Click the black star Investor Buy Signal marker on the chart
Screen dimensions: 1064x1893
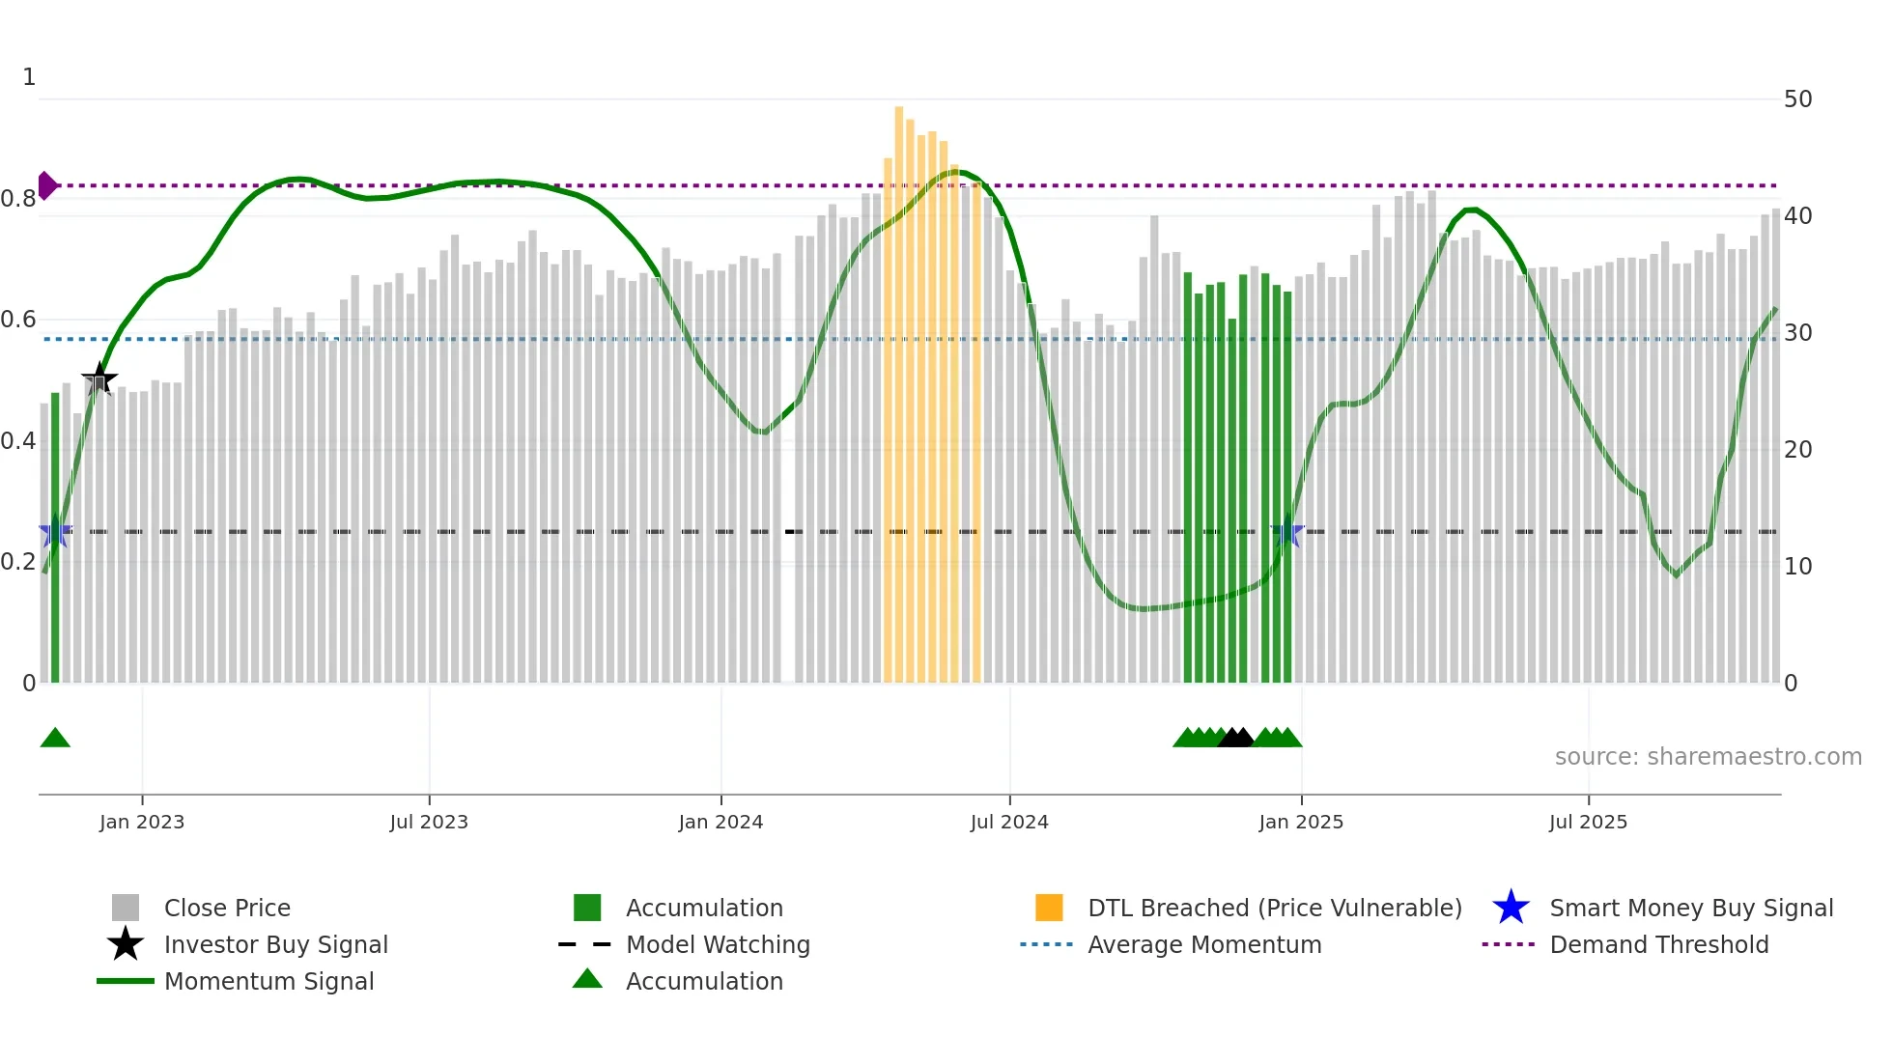99,379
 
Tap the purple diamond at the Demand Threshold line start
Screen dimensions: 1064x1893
46,185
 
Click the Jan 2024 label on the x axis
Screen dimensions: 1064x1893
720,822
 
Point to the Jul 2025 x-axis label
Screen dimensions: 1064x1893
1588,822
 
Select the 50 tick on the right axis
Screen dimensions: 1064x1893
1797,99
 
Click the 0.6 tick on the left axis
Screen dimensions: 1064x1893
18,320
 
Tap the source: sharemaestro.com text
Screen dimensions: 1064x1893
1708,757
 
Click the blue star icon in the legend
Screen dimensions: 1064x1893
1511,908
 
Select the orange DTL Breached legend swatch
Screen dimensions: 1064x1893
1049,908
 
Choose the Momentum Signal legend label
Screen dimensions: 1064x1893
268,981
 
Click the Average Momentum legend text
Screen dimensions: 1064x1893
1204,944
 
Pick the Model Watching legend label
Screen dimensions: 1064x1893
718,944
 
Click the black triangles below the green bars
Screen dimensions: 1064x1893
1235,738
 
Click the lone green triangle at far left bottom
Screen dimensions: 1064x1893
55,738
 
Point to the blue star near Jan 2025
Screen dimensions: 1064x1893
1287,532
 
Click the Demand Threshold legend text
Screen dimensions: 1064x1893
1658,944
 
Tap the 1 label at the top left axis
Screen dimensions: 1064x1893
29,77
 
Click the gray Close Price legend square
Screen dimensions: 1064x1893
126,908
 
